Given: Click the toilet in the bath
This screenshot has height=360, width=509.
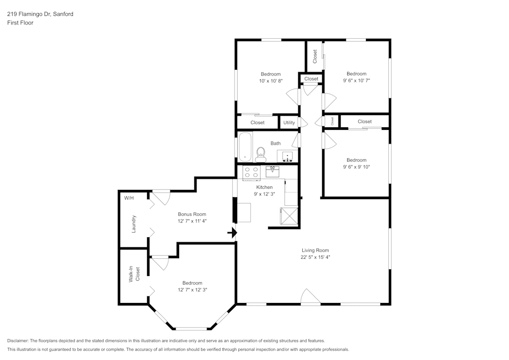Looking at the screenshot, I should (x=261, y=154).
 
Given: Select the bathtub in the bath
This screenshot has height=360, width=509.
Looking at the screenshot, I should (x=245, y=147).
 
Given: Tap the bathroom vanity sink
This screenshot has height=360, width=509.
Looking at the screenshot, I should (x=288, y=156).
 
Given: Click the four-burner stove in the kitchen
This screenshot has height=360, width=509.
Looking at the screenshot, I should (x=251, y=173).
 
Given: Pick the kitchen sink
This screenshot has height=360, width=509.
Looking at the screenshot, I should (x=272, y=171).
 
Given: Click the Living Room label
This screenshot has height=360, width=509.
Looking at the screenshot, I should (x=315, y=250).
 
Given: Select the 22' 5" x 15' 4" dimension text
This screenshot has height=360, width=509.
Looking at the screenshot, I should (x=315, y=257).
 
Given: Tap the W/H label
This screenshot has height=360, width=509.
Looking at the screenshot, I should (x=128, y=198).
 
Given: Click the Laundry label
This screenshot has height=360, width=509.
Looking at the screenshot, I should (x=134, y=224).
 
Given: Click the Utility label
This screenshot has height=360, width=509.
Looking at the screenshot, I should (x=289, y=123).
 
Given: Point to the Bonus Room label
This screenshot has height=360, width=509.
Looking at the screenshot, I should (x=192, y=214).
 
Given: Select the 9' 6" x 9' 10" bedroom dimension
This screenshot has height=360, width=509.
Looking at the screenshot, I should (x=356, y=167).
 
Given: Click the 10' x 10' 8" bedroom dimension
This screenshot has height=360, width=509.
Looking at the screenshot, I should (x=270, y=80).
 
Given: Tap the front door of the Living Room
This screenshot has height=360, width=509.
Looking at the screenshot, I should (x=310, y=297).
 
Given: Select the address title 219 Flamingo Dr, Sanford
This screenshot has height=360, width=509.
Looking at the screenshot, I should (x=40, y=14).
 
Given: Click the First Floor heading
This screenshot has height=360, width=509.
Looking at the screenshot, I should (x=20, y=23).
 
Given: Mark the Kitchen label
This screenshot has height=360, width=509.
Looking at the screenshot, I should (x=264, y=187).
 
